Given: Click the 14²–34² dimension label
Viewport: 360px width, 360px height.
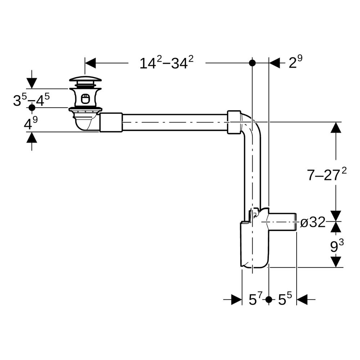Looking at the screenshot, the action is point(167,62).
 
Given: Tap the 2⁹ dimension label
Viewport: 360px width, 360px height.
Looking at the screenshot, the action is point(296,62).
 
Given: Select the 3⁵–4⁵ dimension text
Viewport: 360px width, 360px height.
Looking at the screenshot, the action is point(31,100).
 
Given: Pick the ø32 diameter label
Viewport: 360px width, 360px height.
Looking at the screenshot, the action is point(313,222).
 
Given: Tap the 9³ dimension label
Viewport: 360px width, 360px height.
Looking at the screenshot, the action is point(337,246).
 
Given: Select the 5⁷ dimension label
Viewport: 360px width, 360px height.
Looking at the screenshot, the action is point(256,299).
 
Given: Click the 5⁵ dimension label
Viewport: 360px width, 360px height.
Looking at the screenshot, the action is point(285,299).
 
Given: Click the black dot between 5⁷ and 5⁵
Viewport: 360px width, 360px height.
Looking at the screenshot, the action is point(269,300).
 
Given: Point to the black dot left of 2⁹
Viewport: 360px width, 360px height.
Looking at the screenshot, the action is point(252,63).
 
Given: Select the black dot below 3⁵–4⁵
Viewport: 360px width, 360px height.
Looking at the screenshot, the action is point(32,107).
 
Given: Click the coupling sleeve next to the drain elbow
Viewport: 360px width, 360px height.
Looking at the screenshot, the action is point(111,122).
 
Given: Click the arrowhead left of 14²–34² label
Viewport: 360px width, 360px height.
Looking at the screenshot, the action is point(90,63).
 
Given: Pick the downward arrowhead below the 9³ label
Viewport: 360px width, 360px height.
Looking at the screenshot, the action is point(336,262).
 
